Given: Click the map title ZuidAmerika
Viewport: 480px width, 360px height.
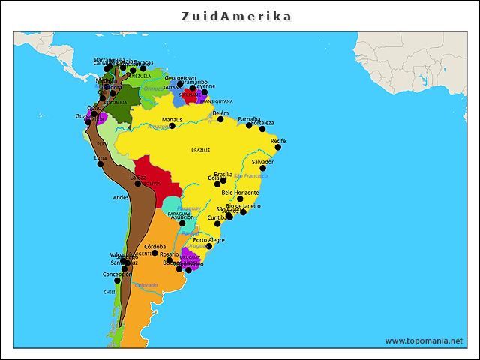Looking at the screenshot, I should pos(237,16).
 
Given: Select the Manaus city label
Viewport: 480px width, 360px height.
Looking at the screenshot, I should pos(172,119).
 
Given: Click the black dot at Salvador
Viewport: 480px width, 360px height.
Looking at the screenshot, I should pos(263,168).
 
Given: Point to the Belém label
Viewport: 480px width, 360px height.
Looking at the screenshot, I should pos(220,112).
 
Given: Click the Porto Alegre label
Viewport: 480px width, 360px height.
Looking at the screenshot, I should pos(208,240).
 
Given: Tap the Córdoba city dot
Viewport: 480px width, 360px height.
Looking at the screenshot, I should pos(155,253).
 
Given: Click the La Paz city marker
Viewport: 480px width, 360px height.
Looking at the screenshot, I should pos(138,184).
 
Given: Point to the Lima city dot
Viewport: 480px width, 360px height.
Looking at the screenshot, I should pos(100,164).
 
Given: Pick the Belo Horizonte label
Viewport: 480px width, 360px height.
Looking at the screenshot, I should pos(235,193).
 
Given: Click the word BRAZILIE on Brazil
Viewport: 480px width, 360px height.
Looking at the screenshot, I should pos(201,150).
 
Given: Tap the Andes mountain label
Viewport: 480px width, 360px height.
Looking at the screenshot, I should pos(121,197).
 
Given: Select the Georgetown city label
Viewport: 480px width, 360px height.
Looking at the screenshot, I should pos(181,77).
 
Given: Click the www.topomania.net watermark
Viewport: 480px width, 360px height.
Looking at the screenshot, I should pos(424,340).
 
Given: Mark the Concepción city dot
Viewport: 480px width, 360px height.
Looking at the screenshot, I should pos(117,280).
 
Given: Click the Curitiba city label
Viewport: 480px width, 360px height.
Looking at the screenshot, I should pos(217,217).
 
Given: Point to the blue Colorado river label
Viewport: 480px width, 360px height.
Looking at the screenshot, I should pos(147,285).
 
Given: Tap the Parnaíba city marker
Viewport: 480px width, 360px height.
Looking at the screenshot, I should pos(250,125).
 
